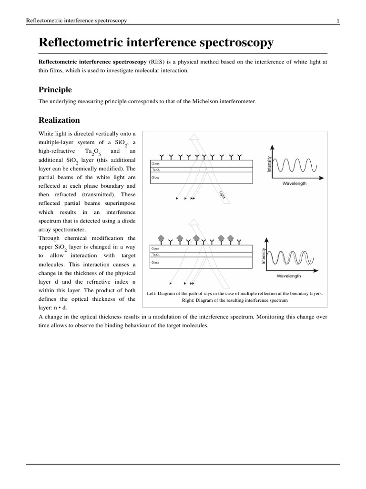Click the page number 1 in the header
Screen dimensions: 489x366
(337, 21)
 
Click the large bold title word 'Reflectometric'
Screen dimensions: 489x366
(85, 43)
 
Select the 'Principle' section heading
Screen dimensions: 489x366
(55, 90)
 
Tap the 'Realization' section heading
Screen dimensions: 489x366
(59, 120)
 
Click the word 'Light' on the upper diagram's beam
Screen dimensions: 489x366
(222, 194)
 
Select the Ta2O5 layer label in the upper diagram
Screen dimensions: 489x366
(156, 170)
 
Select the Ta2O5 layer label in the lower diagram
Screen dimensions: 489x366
(156, 255)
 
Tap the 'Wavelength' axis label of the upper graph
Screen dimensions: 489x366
(295, 183)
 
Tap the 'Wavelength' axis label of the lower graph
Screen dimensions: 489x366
(288, 276)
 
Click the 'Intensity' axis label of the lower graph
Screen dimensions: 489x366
(263, 256)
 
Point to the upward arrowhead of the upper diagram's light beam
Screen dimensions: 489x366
(194, 138)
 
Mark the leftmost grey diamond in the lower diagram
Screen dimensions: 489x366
(161, 237)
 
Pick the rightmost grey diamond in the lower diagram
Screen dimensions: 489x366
(231, 237)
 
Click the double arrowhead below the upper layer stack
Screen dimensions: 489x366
(193, 198)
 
